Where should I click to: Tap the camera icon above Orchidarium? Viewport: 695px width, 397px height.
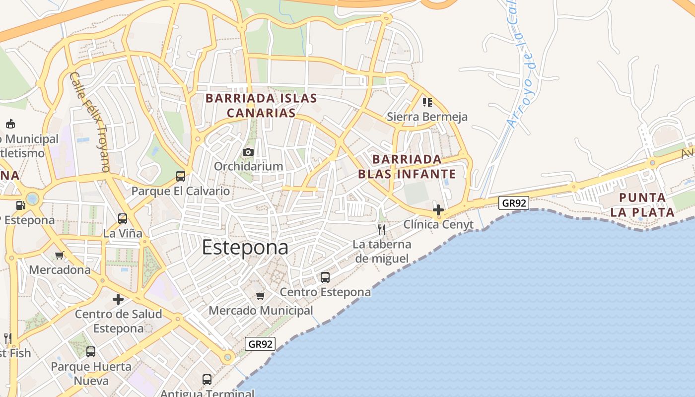click(x=248, y=152)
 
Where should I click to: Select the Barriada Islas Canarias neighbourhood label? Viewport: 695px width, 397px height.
click(x=261, y=105)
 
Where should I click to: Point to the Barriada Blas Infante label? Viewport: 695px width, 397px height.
click(x=407, y=167)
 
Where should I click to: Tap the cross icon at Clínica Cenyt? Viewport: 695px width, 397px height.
click(x=438, y=210)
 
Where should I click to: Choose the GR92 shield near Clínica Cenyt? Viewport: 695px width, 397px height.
click(x=514, y=203)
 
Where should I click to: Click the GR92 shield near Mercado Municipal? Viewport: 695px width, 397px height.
click(x=260, y=344)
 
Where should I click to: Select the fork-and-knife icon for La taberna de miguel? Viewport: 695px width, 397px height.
click(x=381, y=229)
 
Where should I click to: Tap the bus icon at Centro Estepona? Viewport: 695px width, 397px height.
click(x=325, y=277)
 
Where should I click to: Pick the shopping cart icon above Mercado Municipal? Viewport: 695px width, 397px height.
click(x=260, y=296)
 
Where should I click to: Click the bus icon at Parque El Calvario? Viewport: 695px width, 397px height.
click(x=181, y=176)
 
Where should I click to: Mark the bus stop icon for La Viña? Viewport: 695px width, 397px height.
click(x=122, y=218)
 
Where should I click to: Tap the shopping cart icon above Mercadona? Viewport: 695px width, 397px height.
click(x=60, y=256)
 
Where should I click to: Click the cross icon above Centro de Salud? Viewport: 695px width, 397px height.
click(x=118, y=299)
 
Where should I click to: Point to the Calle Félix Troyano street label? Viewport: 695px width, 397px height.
click(x=89, y=122)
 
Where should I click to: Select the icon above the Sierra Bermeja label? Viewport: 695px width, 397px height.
click(x=427, y=102)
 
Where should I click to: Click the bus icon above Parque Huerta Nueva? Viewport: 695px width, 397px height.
click(x=91, y=352)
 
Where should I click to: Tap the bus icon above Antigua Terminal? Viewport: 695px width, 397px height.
click(x=207, y=380)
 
